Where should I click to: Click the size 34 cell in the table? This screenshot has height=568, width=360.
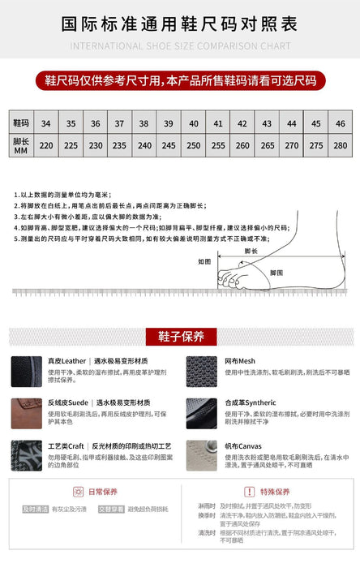coord(46,123)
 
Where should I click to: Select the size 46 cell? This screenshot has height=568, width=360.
coord(340,123)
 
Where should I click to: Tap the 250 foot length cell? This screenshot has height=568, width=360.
coord(193,145)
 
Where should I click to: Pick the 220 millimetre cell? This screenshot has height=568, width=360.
coord(46,145)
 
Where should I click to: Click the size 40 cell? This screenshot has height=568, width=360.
coord(193,123)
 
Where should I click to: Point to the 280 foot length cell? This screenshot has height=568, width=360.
coord(340,145)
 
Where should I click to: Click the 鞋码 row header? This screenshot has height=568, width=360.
coord(21,123)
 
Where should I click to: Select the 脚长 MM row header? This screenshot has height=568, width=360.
coord(21,146)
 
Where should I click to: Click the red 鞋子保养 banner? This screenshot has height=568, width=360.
coord(180,337)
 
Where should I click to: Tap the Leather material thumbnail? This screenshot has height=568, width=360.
coord(27,370)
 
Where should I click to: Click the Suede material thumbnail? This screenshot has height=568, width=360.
coord(27,413)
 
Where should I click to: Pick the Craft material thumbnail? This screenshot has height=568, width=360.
coord(27,455)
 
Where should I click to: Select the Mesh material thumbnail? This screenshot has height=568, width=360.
coord(202,370)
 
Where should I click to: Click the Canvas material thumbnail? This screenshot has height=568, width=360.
coord(202,455)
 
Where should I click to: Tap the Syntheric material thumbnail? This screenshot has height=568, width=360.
coord(202,413)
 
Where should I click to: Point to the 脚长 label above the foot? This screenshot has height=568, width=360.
coord(251,252)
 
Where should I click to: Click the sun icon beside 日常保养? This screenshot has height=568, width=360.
coord(79,492)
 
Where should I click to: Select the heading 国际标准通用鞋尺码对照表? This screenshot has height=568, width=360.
coord(180,23)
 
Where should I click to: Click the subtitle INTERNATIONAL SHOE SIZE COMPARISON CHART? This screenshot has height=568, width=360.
coord(180,46)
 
